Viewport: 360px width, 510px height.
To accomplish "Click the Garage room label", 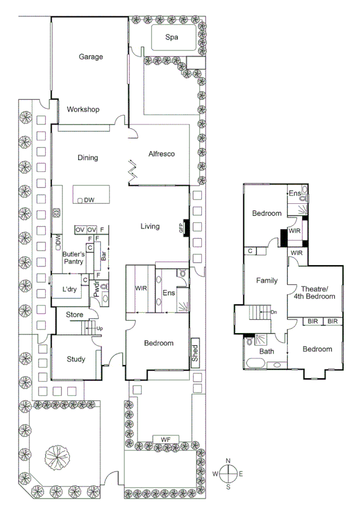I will (x=91, y=57).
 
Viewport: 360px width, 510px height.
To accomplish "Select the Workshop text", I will (x=83, y=109).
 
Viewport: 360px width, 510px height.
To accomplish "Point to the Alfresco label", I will (x=161, y=155).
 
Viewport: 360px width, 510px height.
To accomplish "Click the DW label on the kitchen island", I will (x=89, y=200).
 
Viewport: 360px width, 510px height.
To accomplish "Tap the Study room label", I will (x=75, y=360).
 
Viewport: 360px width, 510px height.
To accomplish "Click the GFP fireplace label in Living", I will (x=180, y=228).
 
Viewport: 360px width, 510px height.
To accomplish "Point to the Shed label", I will (x=194, y=354).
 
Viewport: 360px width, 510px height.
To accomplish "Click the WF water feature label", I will (x=166, y=439).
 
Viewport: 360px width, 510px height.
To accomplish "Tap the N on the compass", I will (x=228, y=461).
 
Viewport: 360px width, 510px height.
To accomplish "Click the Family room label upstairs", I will (x=266, y=280).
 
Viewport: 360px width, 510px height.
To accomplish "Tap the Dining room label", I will (x=88, y=158).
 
